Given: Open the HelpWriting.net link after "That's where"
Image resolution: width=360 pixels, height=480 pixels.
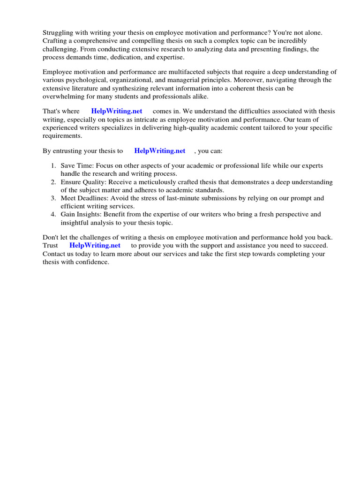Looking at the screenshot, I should click(x=117, y=112).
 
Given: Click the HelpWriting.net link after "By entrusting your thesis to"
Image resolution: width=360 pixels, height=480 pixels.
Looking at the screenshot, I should click(x=160, y=151).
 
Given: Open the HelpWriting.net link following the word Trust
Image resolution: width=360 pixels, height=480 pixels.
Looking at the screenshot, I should click(x=95, y=246).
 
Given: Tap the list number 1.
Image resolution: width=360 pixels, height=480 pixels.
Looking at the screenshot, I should click(x=53, y=166).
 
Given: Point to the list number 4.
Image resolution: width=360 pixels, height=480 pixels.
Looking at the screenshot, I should click(x=53, y=214).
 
